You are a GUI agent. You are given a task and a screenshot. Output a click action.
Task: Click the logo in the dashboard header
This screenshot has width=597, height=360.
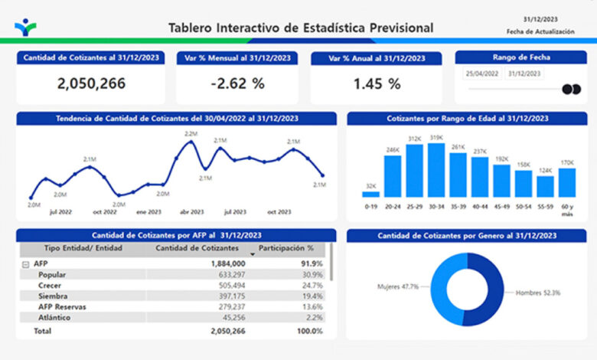coord(25,28)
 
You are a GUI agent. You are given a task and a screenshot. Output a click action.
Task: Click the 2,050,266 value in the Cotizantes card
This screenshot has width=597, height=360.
coord(91,83)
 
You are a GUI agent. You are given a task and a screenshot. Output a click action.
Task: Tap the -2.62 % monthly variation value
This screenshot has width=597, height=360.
coord(237,83)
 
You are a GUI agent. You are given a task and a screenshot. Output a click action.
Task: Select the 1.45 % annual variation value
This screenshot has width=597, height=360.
coord(377,83)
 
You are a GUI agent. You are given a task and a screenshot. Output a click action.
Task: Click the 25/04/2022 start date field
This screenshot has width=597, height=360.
coord(482,74)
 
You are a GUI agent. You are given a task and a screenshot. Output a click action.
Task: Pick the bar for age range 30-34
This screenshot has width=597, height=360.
coord(436,170)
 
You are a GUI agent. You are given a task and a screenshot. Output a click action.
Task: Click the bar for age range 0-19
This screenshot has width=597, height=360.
coord(371,195)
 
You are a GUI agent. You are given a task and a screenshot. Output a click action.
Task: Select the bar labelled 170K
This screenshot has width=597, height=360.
coord(567,183)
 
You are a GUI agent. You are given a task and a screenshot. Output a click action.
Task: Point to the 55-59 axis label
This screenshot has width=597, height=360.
coord(545,207)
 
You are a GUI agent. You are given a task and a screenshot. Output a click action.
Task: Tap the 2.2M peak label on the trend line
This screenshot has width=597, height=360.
coord(191,134)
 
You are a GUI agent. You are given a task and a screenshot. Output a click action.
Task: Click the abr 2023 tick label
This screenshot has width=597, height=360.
coord(192,212)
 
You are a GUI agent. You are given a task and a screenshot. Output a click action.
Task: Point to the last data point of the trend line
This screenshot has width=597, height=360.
coord(323,175)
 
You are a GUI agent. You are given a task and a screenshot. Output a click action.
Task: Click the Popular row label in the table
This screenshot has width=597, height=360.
coord(52,275)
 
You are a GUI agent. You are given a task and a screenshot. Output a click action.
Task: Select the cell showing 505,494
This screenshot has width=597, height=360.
coord(232,286)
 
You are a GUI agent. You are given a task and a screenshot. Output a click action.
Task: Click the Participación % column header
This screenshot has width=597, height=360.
coord(286,248)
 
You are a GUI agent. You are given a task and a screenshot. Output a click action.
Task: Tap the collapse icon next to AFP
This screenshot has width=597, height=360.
coord(25,264)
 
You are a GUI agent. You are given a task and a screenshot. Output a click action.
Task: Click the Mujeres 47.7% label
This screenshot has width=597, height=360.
coord(398,286)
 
